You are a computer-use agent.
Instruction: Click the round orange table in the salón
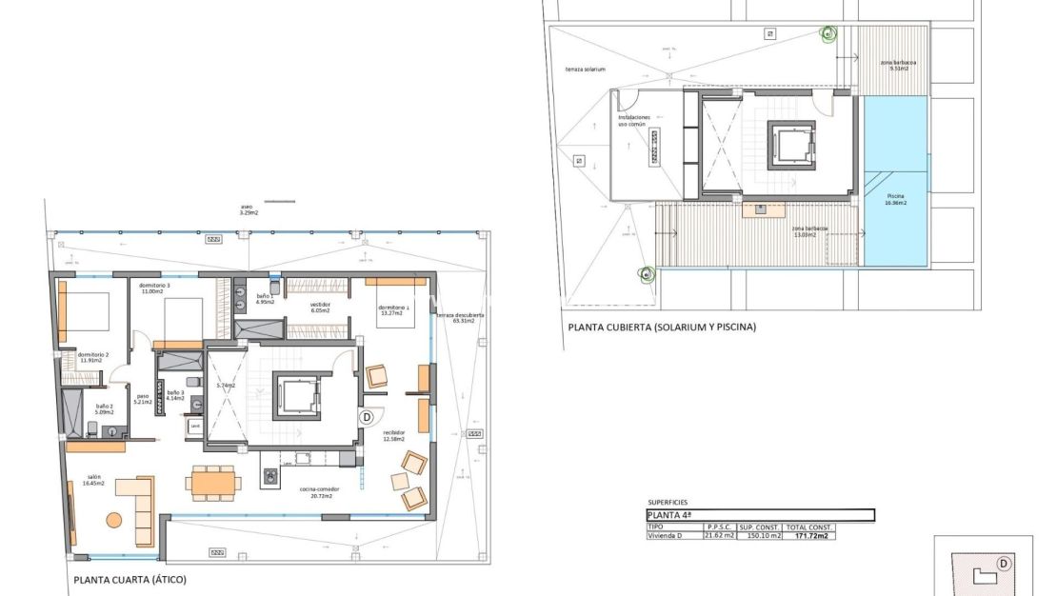[113, 520]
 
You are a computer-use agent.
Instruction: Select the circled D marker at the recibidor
[365, 417]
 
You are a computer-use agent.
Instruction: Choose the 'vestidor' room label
[319, 308]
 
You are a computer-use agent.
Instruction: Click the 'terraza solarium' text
[586, 70]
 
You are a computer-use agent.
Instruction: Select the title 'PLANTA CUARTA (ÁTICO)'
[130, 579]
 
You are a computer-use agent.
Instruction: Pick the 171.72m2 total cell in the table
[808, 536]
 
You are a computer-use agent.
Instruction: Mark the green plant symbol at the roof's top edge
[828, 34]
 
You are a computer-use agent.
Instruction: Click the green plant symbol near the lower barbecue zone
[648, 275]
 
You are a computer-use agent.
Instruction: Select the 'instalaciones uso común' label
[634, 120]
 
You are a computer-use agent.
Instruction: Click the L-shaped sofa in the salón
[141, 505]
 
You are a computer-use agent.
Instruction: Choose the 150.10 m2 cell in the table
[760, 536]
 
